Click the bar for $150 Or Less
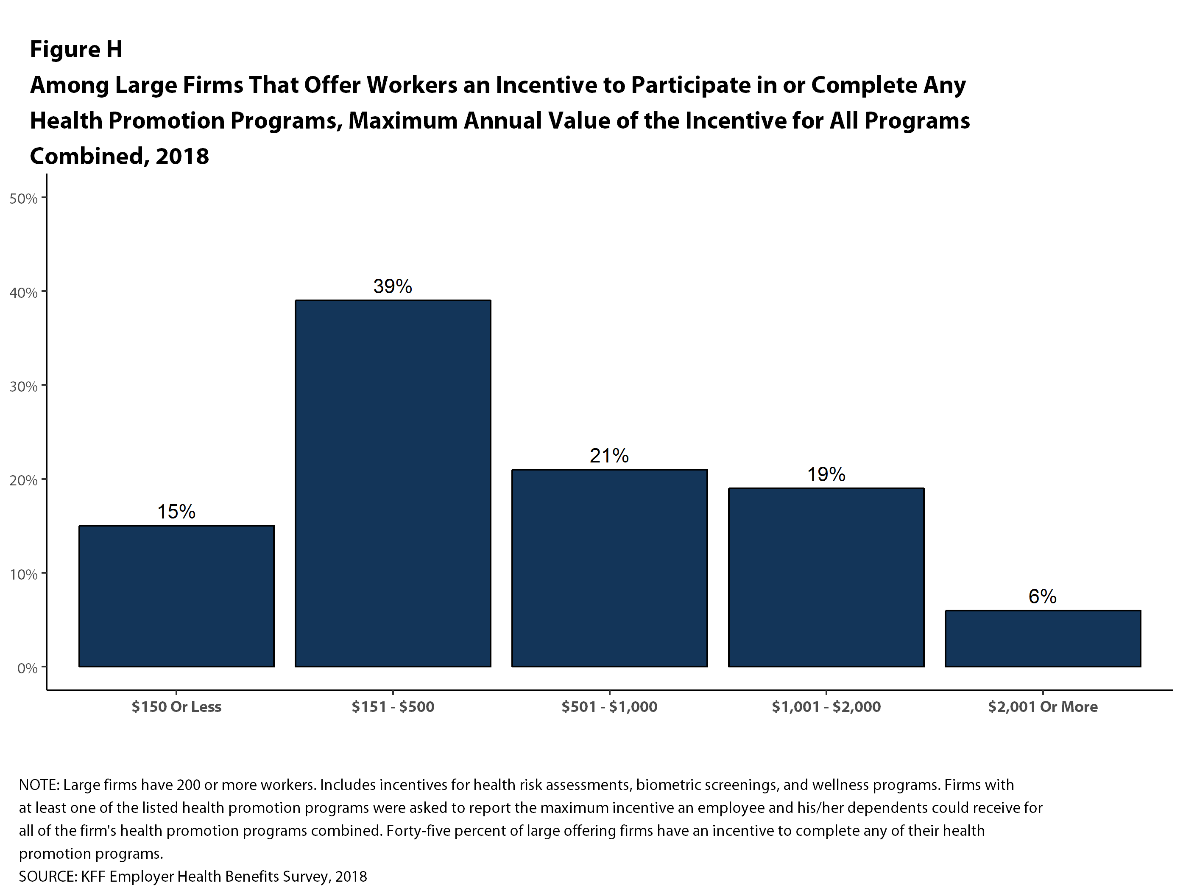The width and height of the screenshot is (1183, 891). pos(176,596)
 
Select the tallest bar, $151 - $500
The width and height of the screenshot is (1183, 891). pos(393,483)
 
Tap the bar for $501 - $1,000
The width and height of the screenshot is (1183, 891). pos(609,568)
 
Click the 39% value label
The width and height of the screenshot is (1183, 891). pos(393,287)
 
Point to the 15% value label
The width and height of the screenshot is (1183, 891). pos(176,512)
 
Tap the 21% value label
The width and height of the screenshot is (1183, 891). pos(609,456)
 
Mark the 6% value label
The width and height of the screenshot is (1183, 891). pos(1042,597)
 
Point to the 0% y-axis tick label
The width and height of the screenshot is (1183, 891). pos(27,668)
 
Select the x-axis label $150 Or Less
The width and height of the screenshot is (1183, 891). pos(176,707)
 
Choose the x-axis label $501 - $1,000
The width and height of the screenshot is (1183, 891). pos(609,707)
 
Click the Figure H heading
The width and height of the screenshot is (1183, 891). pos(76,49)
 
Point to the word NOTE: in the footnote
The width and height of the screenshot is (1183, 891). pos(39,785)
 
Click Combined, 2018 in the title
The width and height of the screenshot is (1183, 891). pos(119,156)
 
